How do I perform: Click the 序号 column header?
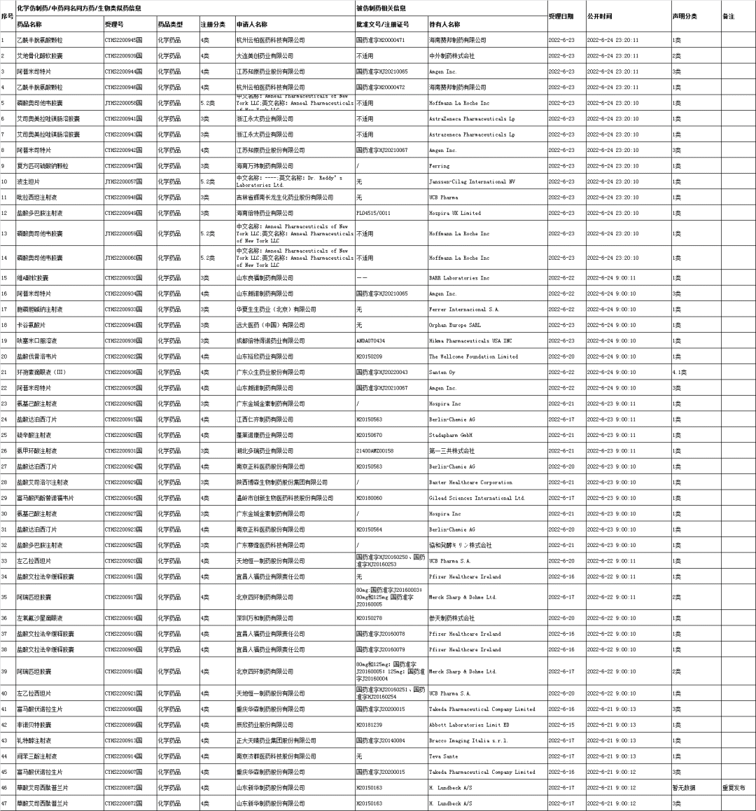tap(7, 16)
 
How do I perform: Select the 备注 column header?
tap(728, 16)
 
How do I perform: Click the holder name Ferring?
tap(440, 166)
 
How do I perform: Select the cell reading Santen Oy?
tap(442, 373)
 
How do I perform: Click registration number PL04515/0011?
tap(373, 213)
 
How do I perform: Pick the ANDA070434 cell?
tap(371, 341)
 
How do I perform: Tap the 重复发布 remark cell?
tap(734, 788)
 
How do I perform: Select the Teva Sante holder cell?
tap(443, 756)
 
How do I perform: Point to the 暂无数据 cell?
tap(684, 788)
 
